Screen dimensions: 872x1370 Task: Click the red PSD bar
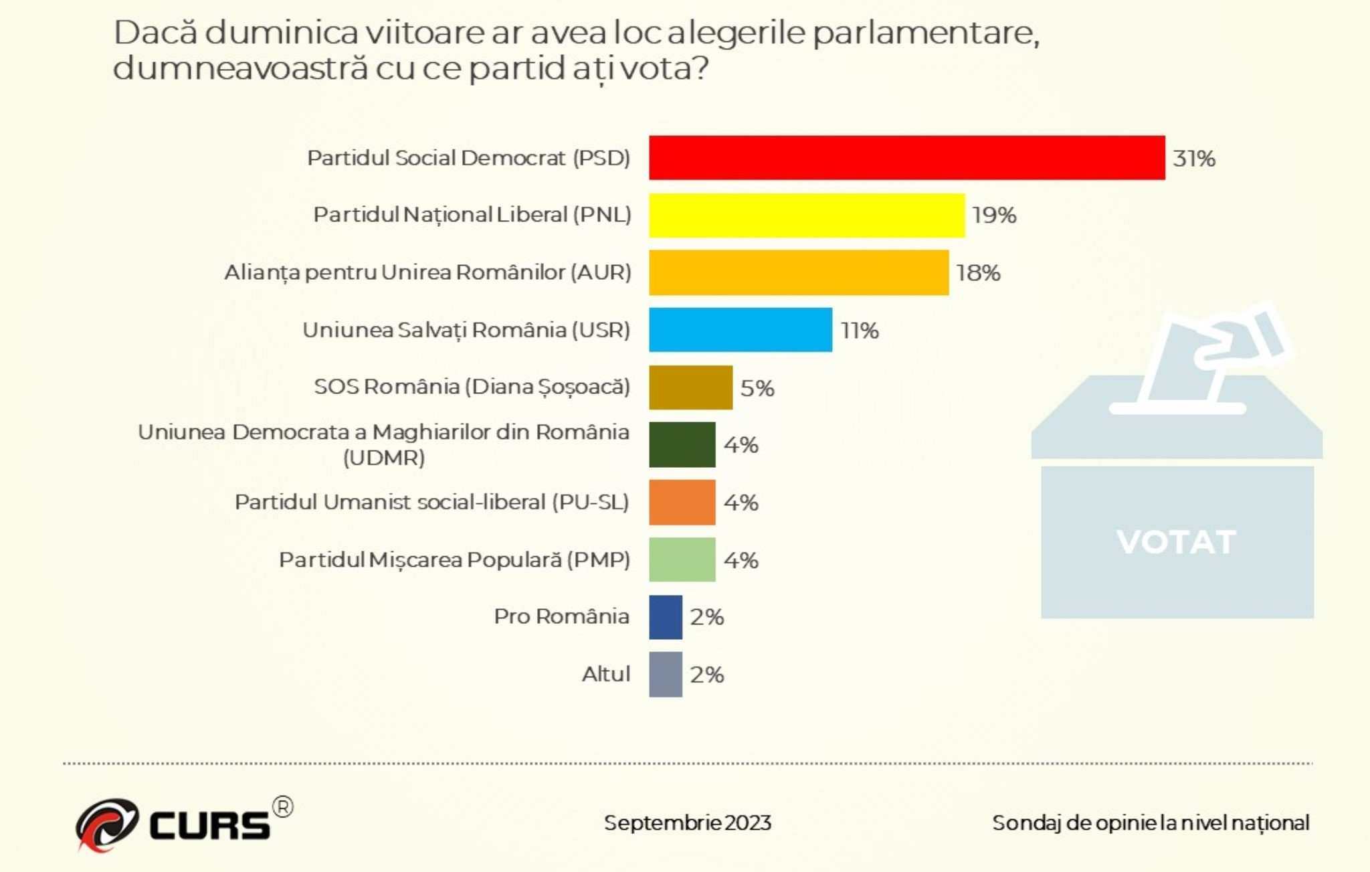tap(906, 158)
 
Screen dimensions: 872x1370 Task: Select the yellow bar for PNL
tap(807, 215)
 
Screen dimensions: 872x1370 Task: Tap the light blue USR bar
tap(741, 330)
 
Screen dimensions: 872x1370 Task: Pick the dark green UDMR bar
tap(682, 444)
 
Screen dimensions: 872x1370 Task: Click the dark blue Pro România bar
tap(666, 617)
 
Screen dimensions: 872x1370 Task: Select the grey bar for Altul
tap(666, 675)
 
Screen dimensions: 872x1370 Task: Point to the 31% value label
tap(1194, 159)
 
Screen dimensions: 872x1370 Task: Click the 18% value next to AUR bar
tap(978, 273)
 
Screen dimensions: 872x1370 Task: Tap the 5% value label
tap(757, 388)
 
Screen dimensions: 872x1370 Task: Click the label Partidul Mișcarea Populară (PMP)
tap(454, 559)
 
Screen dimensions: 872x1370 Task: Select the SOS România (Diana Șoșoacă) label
tap(472, 387)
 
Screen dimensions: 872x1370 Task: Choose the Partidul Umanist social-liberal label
tap(431, 502)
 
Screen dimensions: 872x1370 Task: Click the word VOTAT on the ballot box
tap(1176, 542)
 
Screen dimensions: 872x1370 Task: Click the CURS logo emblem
tap(106, 824)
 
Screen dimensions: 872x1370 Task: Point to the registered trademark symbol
tap(283, 807)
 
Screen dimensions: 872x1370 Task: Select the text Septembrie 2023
tap(687, 822)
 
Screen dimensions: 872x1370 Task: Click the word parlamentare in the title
tap(926, 33)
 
